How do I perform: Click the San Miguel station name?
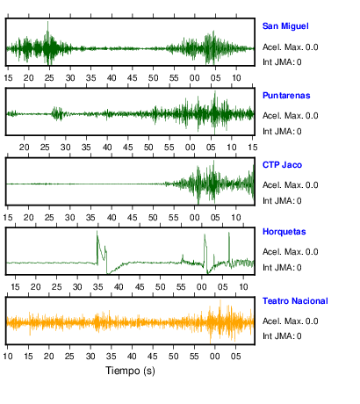[285, 26]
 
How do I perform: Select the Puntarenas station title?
[286, 96]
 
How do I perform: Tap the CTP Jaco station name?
[282, 165]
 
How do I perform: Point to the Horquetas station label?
[284, 232]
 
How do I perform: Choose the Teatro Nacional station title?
[295, 301]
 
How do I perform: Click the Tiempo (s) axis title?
[130, 371]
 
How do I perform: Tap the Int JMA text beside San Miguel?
[282, 62]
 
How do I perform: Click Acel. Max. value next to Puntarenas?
[290, 116]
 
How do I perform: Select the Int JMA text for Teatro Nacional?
[282, 335]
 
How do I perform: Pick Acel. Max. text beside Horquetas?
[290, 252]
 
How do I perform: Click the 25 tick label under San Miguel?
[49, 78]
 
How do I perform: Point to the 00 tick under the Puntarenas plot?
[190, 148]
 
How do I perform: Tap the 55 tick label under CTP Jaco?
[174, 218]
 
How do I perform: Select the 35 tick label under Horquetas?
[97, 287]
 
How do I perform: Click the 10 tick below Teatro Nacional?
[8, 357]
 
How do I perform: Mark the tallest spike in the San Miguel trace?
[47, 22]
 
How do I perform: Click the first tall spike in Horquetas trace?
[97, 232]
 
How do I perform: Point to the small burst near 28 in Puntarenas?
[57, 113]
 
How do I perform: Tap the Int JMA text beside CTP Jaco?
[282, 201]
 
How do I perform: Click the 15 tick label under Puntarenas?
[253, 148]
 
